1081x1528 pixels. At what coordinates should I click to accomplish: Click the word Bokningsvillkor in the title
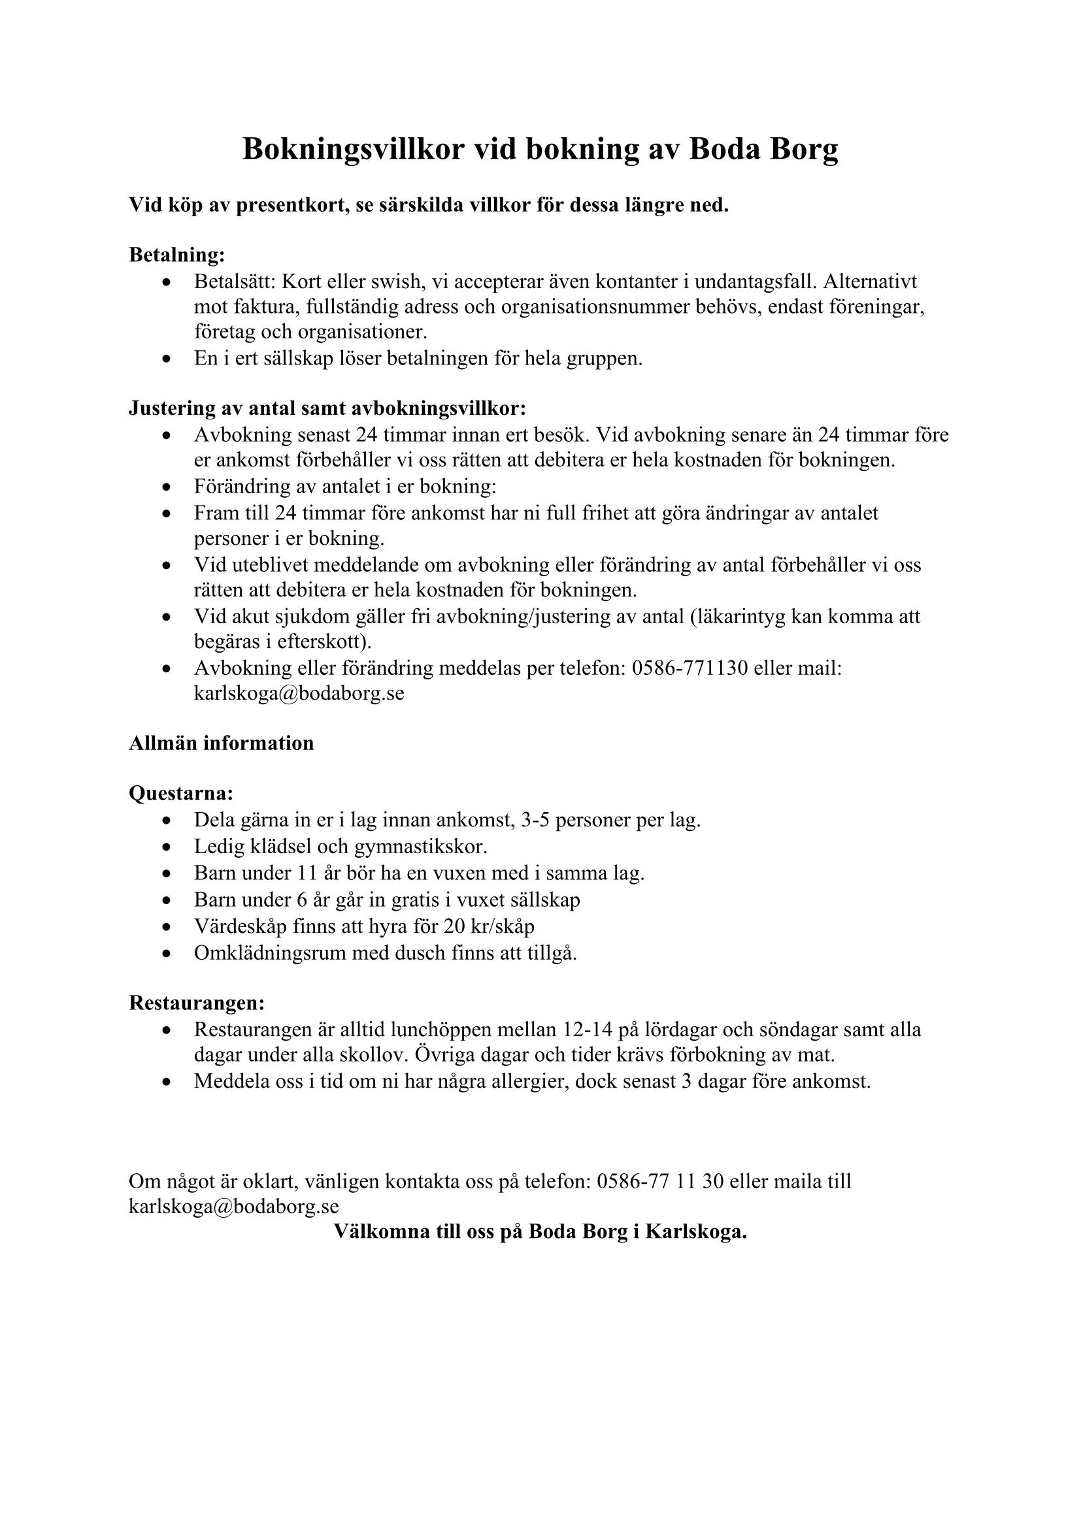(x=353, y=149)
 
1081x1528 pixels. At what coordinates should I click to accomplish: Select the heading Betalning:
(x=177, y=255)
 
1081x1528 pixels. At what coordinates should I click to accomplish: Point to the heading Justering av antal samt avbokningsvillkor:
(x=327, y=408)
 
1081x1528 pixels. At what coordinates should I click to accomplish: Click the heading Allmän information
(x=221, y=743)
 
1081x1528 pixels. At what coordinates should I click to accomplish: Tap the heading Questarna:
(x=181, y=793)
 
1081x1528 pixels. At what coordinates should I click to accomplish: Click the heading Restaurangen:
(x=197, y=1003)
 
